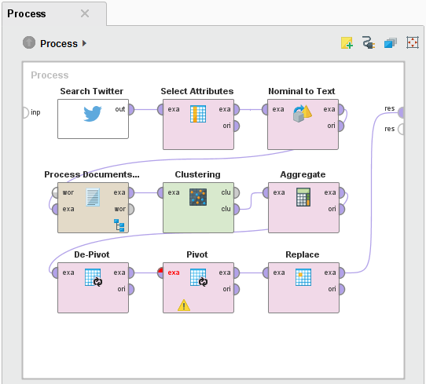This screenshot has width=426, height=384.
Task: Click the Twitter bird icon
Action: (x=93, y=113)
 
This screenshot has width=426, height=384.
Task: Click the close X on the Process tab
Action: (x=85, y=13)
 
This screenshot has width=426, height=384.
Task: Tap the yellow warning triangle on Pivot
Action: (x=184, y=305)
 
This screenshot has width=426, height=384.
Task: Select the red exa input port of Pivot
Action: (x=160, y=272)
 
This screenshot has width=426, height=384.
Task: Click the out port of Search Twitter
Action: (x=131, y=109)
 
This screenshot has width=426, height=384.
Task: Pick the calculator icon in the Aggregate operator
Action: (x=303, y=197)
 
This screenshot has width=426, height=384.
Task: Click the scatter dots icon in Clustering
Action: (x=198, y=197)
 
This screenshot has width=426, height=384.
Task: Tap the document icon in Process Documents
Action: (x=93, y=197)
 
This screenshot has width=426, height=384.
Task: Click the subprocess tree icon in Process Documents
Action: (x=119, y=225)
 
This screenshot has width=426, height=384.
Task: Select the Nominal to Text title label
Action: (x=302, y=91)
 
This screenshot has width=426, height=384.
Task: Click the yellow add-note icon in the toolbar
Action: (x=347, y=43)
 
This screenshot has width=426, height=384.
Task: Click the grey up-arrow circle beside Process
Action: (x=29, y=42)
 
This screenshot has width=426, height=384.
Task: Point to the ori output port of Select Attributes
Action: (x=237, y=126)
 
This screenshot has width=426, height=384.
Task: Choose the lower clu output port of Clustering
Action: (x=237, y=209)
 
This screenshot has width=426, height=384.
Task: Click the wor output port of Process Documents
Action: (x=131, y=209)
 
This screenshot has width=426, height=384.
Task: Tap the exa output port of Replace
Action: (x=342, y=272)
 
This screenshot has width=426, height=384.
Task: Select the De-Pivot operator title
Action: (x=92, y=254)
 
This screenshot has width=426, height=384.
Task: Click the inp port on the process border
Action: (x=25, y=112)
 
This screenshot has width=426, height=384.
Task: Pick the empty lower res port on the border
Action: (x=401, y=129)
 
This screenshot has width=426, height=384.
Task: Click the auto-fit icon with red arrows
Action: (x=413, y=42)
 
